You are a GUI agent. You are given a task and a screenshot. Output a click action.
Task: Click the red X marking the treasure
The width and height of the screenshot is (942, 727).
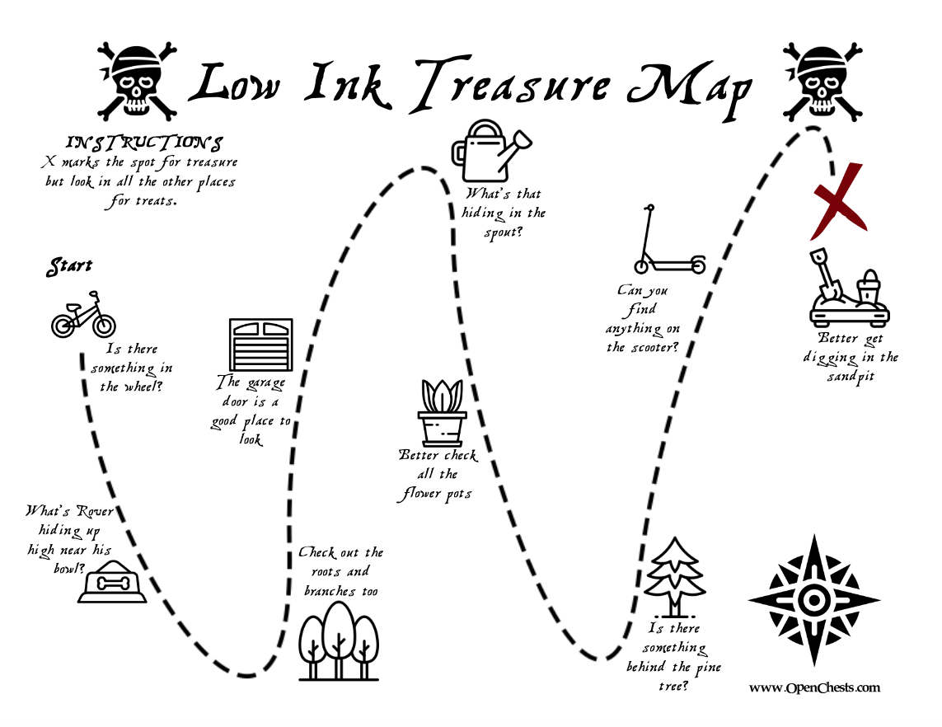point(839,201)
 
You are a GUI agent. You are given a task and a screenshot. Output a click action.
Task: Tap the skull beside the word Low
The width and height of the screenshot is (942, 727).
point(138,81)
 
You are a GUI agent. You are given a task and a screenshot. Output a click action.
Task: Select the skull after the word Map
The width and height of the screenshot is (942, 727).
point(822,82)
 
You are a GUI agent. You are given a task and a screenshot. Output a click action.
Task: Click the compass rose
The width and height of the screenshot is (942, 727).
point(814,600)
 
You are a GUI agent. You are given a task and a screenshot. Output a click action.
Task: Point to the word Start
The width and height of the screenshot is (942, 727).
point(70,266)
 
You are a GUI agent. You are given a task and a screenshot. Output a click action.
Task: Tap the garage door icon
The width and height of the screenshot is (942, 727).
point(261,345)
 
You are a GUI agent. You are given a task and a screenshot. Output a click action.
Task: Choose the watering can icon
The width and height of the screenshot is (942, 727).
point(491,150)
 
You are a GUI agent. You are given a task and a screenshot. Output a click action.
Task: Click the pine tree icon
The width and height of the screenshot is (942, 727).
point(674,577)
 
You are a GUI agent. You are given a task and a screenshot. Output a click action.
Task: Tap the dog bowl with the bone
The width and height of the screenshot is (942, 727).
point(112,582)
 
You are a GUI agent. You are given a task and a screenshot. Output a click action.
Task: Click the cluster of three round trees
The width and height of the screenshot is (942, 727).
point(339,641)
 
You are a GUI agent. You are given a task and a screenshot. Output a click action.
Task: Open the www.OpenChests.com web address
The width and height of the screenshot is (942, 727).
point(814,687)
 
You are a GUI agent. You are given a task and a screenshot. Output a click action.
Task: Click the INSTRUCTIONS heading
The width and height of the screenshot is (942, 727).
point(144,143)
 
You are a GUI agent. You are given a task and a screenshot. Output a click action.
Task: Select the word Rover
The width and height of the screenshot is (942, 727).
point(94,511)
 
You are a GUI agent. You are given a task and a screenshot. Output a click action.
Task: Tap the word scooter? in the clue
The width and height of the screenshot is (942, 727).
point(654,347)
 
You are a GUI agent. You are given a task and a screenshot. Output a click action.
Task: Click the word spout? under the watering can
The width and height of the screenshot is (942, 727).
point(504,232)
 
